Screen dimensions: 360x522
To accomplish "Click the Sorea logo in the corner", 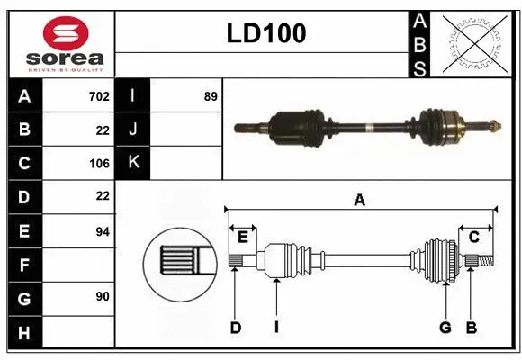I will pos(61,44).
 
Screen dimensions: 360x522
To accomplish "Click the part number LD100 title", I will pos(265,34).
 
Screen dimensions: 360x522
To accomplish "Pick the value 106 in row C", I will pos(99,163).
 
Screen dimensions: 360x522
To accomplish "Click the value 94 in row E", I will pos(102,231).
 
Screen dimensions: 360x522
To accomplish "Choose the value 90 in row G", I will pos(102,296).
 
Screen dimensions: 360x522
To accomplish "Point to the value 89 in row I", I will pos(211,95).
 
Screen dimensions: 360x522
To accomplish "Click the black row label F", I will pos(24,265).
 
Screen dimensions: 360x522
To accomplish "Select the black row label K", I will pos(133,163).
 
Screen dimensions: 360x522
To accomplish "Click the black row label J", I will pos(133,130).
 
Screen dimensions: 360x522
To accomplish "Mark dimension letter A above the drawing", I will pos(359,201).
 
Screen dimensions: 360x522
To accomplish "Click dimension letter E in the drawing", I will pos(243,237).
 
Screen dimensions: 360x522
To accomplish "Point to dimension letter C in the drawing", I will pos(472,237).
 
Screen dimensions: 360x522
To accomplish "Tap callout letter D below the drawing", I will pos(235,328).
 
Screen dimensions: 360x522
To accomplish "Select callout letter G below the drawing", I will pos(445,328).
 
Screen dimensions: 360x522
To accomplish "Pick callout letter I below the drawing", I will pos(276,328).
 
